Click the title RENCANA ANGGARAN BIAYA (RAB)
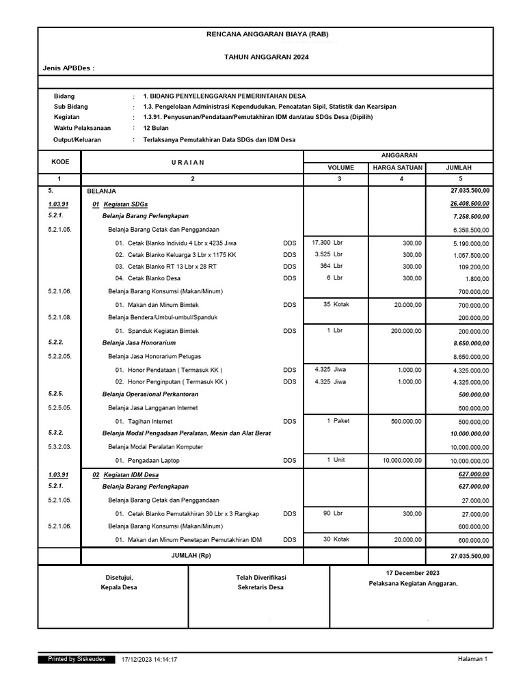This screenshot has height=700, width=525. (x=266, y=34)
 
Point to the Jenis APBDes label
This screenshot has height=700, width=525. (x=68, y=69)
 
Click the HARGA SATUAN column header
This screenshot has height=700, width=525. (x=397, y=167)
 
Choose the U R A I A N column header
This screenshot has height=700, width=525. (x=192, y=162)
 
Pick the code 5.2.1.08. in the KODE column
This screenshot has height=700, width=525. (x=59, y=317)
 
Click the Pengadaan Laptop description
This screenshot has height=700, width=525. (x=154, y=461)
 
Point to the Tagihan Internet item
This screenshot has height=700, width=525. (x=150, y=422)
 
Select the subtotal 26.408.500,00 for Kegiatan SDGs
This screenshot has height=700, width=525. (x=469, y=204)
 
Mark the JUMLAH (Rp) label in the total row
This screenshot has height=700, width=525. (x=192, y=556)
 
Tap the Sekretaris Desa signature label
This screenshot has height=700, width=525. (x=260, y=588)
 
